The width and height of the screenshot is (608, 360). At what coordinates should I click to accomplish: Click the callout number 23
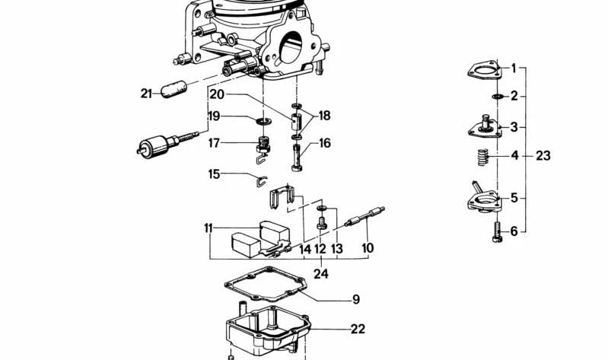tap(543, 156)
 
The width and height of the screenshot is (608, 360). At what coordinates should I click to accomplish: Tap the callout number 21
tap(146, 94)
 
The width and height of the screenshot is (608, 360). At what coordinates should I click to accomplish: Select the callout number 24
tap(320, 274)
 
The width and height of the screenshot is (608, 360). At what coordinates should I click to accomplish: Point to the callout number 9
tap(356, 299)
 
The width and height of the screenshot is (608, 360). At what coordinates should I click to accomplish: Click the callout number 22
tap(358, 329)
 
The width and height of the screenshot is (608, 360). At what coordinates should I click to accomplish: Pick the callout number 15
tap(214, 174)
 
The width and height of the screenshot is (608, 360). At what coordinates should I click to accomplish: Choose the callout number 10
tap(368, 248)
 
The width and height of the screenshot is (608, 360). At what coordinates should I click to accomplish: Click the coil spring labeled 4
tap(482, 158)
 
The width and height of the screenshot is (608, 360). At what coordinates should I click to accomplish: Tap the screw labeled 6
tap(497, 231)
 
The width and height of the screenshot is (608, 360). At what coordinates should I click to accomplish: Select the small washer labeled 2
tap(497, 96)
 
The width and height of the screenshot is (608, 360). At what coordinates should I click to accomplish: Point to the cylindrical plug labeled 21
tap(173, 89)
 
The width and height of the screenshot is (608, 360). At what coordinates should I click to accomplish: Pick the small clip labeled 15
tap(261, 181)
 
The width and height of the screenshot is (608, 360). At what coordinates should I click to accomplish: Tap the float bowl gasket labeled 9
tap(266, 284)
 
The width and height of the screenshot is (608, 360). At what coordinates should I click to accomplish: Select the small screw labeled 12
tap(320, 223)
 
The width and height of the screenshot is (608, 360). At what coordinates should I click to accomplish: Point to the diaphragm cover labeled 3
tap(485, 126)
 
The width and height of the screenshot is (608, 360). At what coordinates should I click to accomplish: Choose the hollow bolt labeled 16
tap(297, 158)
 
